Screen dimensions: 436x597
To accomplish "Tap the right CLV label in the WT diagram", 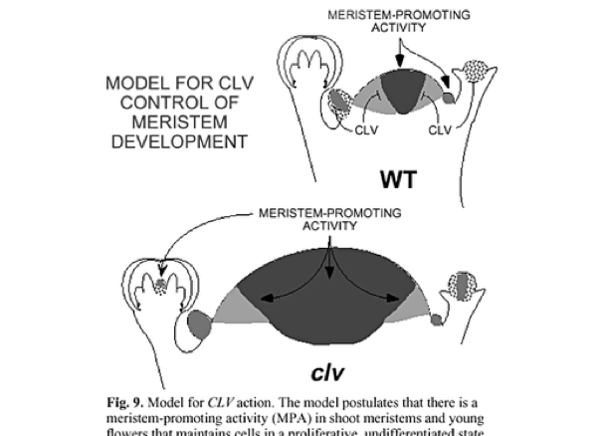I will [x=444, y=129].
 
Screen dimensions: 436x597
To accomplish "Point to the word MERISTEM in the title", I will [x=176, y=122].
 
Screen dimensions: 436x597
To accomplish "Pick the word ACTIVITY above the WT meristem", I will [x=399, y=29].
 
